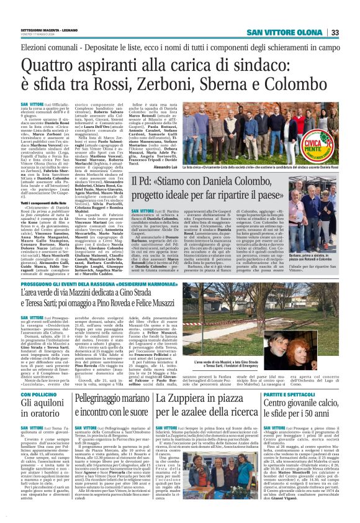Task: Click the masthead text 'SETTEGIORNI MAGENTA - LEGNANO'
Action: click(x=56, y=30)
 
